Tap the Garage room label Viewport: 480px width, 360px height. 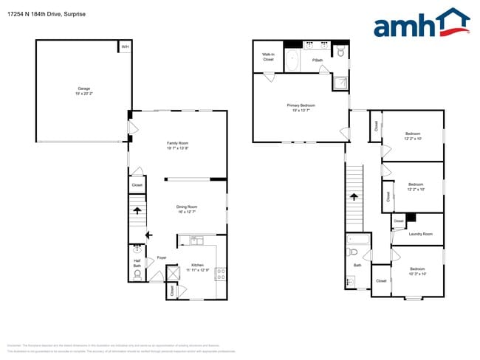83,91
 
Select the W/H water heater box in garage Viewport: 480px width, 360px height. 125,47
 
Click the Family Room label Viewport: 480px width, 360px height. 177,145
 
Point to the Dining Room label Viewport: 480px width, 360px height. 187,209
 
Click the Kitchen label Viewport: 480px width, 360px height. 197,267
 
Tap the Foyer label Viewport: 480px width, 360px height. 161,257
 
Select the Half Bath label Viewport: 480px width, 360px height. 137,263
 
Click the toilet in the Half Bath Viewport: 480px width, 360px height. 137,277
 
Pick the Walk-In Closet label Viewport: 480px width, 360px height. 268,57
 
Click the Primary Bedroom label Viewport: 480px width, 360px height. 301,108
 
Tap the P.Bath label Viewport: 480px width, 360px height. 318,60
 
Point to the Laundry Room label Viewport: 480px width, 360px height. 420,234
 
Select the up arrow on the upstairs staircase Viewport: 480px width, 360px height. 354,197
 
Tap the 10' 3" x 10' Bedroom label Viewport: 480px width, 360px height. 417,271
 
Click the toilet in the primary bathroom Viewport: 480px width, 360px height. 340,51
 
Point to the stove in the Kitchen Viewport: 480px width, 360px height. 221,272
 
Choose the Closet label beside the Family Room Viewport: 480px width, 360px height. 137,185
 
